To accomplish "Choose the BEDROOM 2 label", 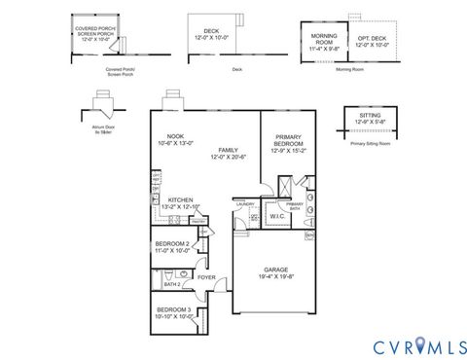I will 172,244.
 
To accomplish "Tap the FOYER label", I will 206,276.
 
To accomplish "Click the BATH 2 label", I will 171,284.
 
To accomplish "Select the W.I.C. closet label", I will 276,216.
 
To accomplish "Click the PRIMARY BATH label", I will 295,205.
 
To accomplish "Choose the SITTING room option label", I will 369,118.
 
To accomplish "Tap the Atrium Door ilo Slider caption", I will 101,129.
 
